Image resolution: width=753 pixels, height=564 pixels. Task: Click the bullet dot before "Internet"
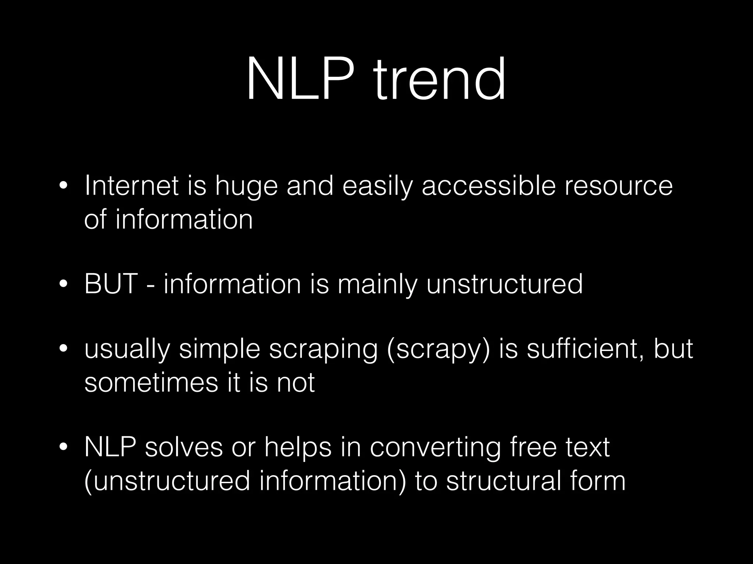click(x=63, y=186)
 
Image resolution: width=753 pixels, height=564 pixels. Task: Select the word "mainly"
click(x=378, y=285)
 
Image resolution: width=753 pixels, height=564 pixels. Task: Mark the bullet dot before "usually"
click(x=63, y=348)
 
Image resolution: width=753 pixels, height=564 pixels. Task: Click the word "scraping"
click(x=323, y=350)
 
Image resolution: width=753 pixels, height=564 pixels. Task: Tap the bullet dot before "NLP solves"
click(x=63, y=447)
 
